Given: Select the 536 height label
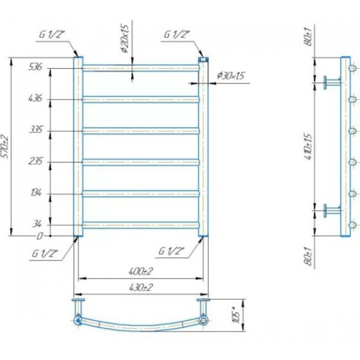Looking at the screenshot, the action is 35,67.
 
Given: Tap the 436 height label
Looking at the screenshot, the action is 35,99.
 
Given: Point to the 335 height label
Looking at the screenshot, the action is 36,130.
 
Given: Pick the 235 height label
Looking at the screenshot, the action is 36,161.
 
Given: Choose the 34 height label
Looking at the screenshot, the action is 37,224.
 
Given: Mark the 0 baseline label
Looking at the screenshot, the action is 40,236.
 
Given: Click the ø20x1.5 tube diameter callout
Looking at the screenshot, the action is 125,39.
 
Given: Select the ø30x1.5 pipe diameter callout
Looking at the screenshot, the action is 230,76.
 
